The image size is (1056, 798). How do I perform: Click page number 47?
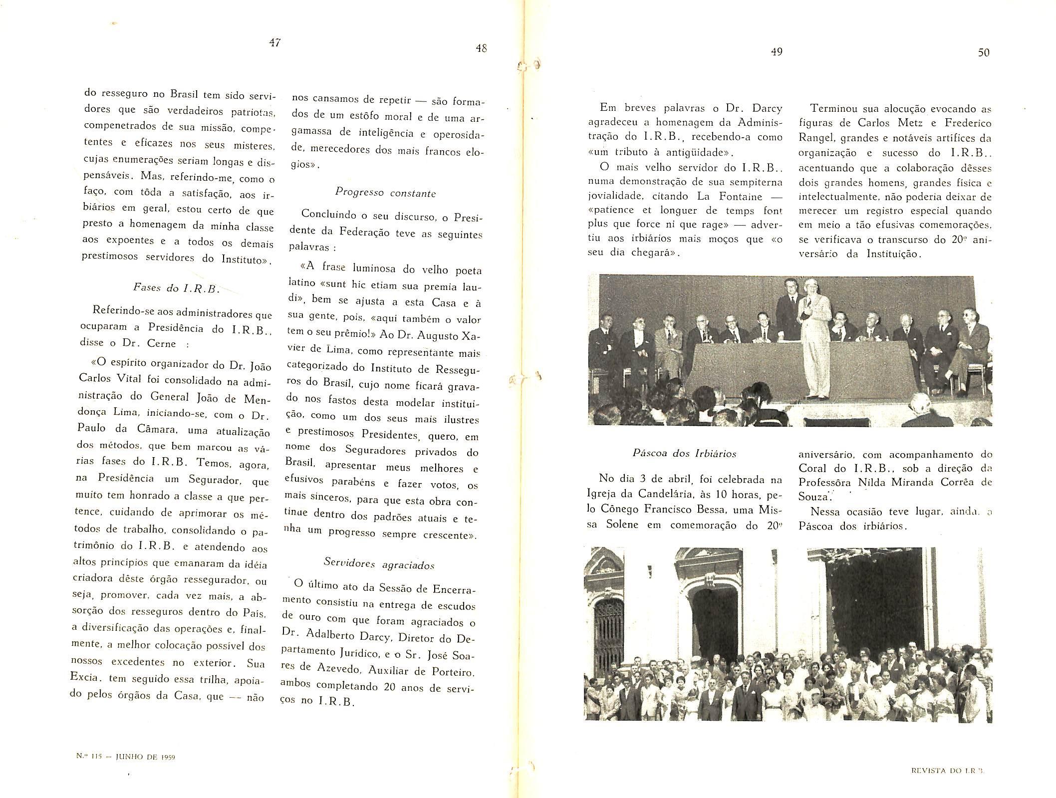pyautogui.click(x=274, y=43)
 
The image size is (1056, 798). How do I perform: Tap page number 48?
pyautogui.click(x=481, y=48)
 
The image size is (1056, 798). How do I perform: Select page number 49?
pyautogui.click(x=777, y=51)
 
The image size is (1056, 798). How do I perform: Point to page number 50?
pyautogui.click(x=983, y=52)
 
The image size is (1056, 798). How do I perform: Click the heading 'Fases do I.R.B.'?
pyautogui.click(x=177, y=288)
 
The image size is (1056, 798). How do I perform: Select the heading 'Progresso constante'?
pyautogui.click(x=385, y=193)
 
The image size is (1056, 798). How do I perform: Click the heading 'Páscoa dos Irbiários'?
pyautogui.click(x=684, y=453)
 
